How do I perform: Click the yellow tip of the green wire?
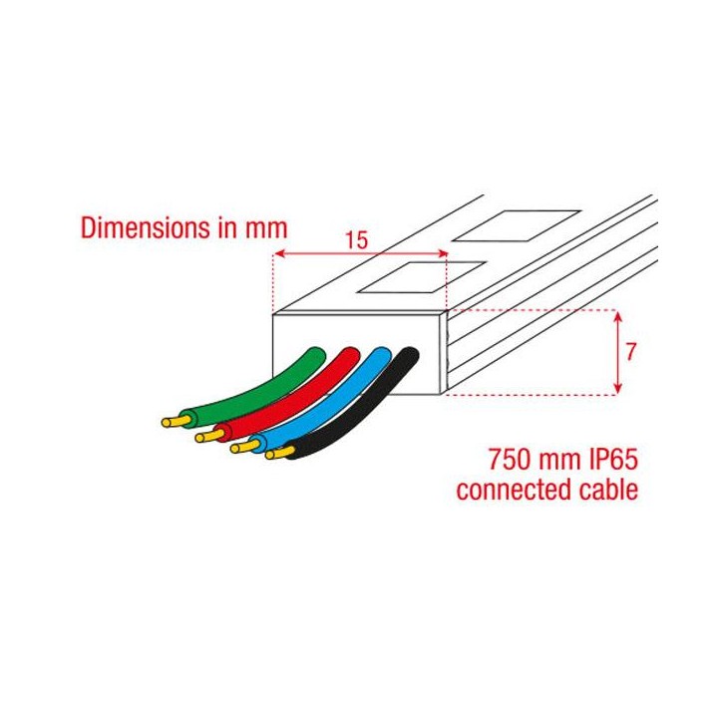click(172, 422)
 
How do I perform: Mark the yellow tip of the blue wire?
click(240, 448)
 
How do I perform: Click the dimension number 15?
click(356, 239)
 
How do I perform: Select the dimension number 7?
click(631, 352)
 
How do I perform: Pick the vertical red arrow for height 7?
click(620, 352)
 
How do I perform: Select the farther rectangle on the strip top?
click(516, 224)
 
